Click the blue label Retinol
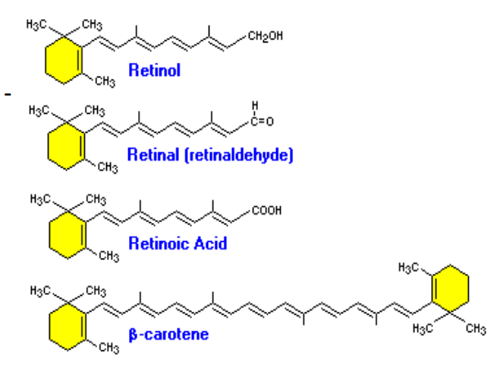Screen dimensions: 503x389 [x=154, y=71]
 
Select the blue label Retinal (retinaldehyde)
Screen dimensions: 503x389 [x=209, y=155]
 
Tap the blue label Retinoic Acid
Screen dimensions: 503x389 [x=178, y=243]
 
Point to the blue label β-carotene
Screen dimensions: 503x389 [x=168, y=333]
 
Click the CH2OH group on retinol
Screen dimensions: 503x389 [x=265, y=36]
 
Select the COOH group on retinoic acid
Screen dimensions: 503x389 [x=266, y=211]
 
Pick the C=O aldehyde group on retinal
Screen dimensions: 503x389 [x=262, y=121]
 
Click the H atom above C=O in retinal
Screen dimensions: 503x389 [x=255, y=106]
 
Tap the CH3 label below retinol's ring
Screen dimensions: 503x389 [x=105, y=82]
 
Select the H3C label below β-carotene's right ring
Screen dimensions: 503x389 [x=423, y=328]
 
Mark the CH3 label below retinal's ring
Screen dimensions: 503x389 [x=106, y=168]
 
